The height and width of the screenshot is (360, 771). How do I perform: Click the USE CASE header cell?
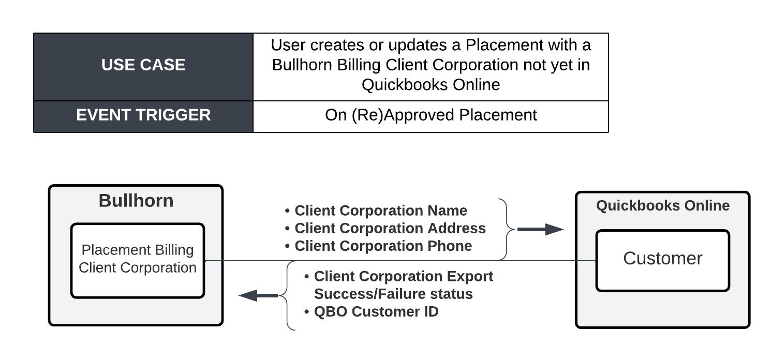click(x=143, y=67)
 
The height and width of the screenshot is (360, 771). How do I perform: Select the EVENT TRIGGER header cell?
click(x=143, y=117)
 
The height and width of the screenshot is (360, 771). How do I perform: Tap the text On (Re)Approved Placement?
click(x=431, y=115)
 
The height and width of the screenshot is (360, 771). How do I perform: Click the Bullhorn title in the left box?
click(x=136, y=201)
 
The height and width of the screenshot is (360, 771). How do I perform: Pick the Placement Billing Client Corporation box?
click(x=138, y=261)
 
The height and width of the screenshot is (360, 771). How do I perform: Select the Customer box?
click(x=662, y=261)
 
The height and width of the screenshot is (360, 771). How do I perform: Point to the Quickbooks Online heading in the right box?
click(x=663, y=205)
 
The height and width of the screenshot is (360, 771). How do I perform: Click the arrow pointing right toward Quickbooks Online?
click(x=540, y=229)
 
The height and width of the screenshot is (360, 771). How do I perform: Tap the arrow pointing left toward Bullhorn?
click(x=258, y=295)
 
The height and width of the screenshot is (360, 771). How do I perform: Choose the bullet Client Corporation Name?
click(x=376, y=211)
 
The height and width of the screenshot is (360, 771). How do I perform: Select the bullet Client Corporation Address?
click(x=385, y=228)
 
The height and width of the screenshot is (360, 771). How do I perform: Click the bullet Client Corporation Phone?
click(x=378, y=246)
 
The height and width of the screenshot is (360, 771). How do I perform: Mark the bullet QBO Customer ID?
click(x=372, y=311)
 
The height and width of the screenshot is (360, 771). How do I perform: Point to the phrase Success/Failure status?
click(x=393, y=294)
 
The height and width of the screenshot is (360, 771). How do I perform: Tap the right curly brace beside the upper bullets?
click(x=507, y=229)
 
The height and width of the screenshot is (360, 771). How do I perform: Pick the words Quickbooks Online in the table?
click(x=431, y=85)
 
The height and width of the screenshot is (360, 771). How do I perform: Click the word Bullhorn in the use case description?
click(x=302, y=65)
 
